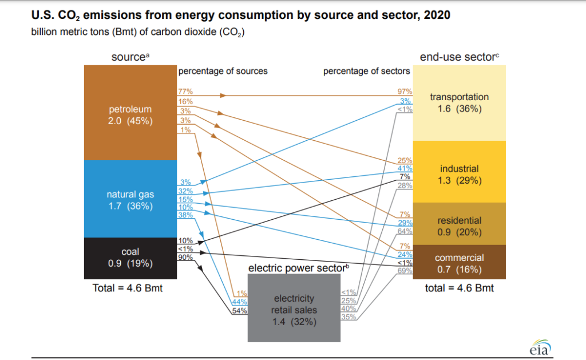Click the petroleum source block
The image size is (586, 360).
130,113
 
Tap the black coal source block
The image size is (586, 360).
130,257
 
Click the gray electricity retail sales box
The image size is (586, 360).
294,310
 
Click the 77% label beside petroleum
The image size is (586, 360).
185,92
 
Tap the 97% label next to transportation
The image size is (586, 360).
405,92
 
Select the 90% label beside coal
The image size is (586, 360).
185,258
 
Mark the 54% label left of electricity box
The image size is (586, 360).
239,311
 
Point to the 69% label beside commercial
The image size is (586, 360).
405,271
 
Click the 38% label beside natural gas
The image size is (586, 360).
185,215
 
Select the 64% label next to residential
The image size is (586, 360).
405,231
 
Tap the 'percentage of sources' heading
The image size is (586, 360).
223,72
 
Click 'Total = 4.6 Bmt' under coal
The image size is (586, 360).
128,288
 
